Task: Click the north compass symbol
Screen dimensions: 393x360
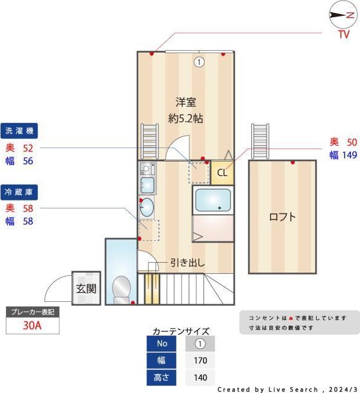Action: [x=342, y=15]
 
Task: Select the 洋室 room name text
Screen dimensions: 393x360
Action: [x=186, y=102]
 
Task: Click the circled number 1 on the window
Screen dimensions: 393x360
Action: [x=199, y=61]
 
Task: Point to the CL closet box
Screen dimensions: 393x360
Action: [x=222, y=173]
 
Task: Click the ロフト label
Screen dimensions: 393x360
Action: [x=282, y=216]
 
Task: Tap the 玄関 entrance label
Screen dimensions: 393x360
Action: [x=86, y=288]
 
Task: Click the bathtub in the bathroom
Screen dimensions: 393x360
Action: [x=213, y=201]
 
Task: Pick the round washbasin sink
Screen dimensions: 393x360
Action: [x=147, y=208]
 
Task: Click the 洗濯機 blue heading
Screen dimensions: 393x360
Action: [x=21, y=131]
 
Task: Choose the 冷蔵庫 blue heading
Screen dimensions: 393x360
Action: [x=21, y=191]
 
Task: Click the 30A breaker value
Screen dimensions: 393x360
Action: [x=32, y=326]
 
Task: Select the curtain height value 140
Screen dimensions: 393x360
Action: [x=200, y=378]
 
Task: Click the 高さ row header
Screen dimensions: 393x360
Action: [x=162, y=378]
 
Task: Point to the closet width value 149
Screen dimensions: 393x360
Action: [x=347, y=155]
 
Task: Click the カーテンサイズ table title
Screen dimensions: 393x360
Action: [x=180, y=331]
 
